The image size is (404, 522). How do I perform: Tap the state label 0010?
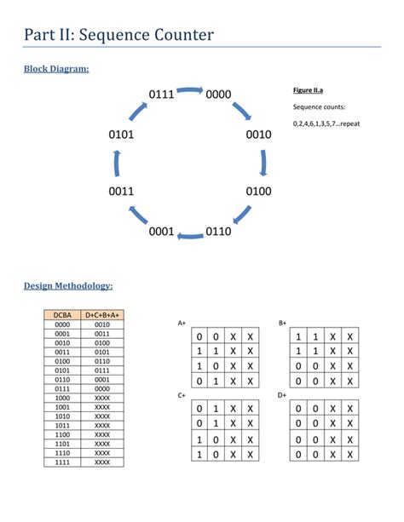tap(258, 135)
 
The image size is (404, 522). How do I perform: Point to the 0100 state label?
tap(258, 192)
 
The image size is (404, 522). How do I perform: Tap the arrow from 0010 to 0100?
tap(263, 163)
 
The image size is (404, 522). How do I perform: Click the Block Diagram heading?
tap(56, 68)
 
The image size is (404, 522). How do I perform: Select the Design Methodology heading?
tap(68, 286)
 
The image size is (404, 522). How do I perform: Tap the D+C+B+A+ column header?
tap(103, 315)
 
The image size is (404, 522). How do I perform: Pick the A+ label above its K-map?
tap(182, 324)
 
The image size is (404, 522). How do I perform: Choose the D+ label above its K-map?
tap(282, 396)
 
